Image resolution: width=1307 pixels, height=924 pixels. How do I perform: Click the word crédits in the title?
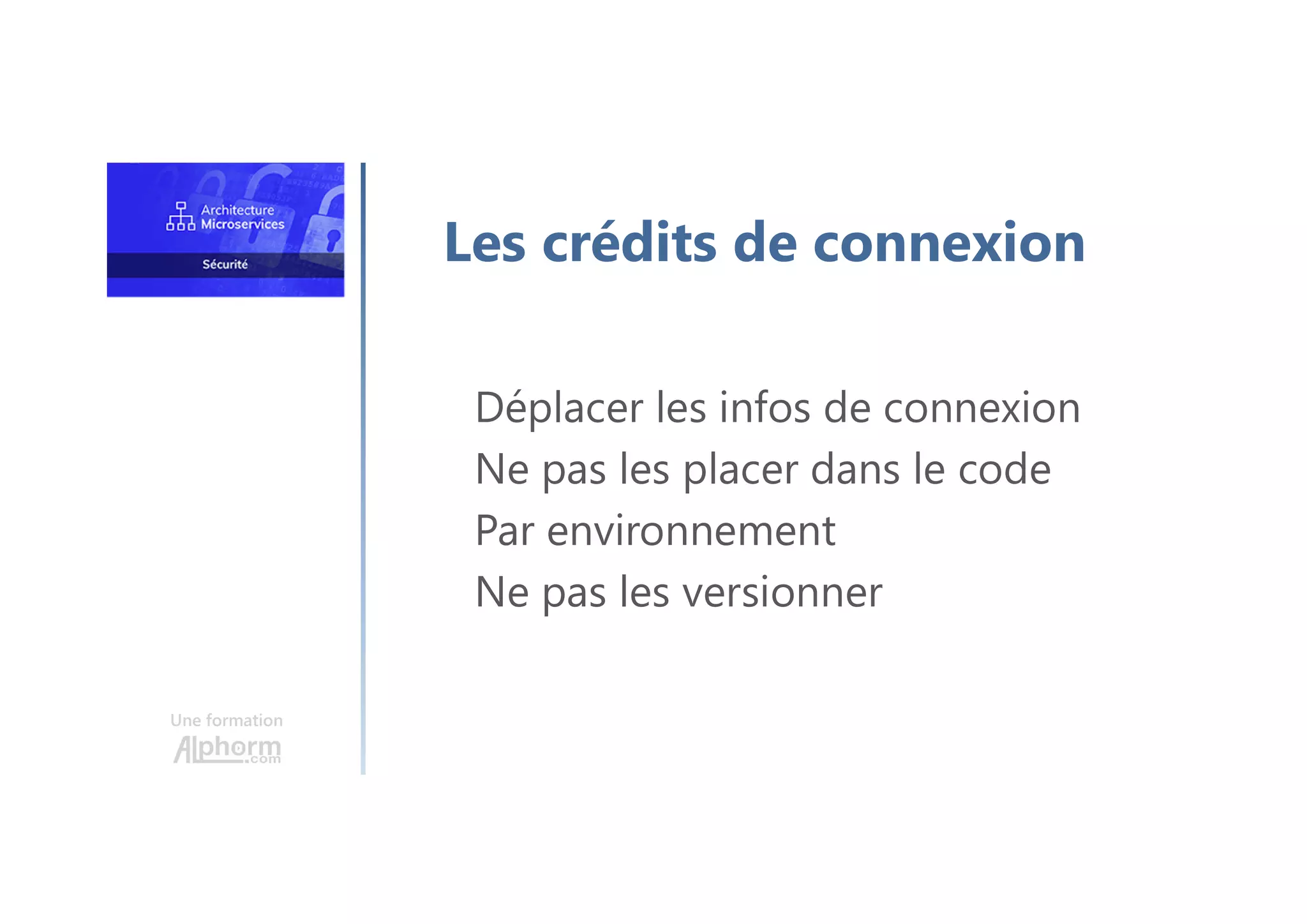click(629, 242)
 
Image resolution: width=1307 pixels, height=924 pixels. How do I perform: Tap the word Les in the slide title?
click(485, 242)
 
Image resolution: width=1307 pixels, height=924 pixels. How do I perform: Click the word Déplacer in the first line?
click(559, 408)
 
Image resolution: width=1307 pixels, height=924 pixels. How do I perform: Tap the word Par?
click(504, 531)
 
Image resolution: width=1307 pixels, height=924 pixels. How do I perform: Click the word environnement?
click(691, 531)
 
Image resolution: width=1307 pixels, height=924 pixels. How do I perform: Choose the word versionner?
click(782, 592)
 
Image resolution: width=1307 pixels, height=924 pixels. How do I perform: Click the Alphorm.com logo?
click(227, 749)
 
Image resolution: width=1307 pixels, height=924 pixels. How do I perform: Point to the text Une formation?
click(227, 720)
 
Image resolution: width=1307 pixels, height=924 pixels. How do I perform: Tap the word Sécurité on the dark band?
click(225, 264)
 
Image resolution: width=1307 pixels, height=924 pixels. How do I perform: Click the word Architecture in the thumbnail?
click(237, 210)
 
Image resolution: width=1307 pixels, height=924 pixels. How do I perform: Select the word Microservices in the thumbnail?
click(243, 225)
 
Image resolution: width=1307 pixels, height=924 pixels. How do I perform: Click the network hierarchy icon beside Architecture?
click(181, 216)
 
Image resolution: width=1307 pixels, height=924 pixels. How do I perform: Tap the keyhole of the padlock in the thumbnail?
click(332, 239)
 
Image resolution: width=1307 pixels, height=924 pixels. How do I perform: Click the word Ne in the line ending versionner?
click(502, 592)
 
